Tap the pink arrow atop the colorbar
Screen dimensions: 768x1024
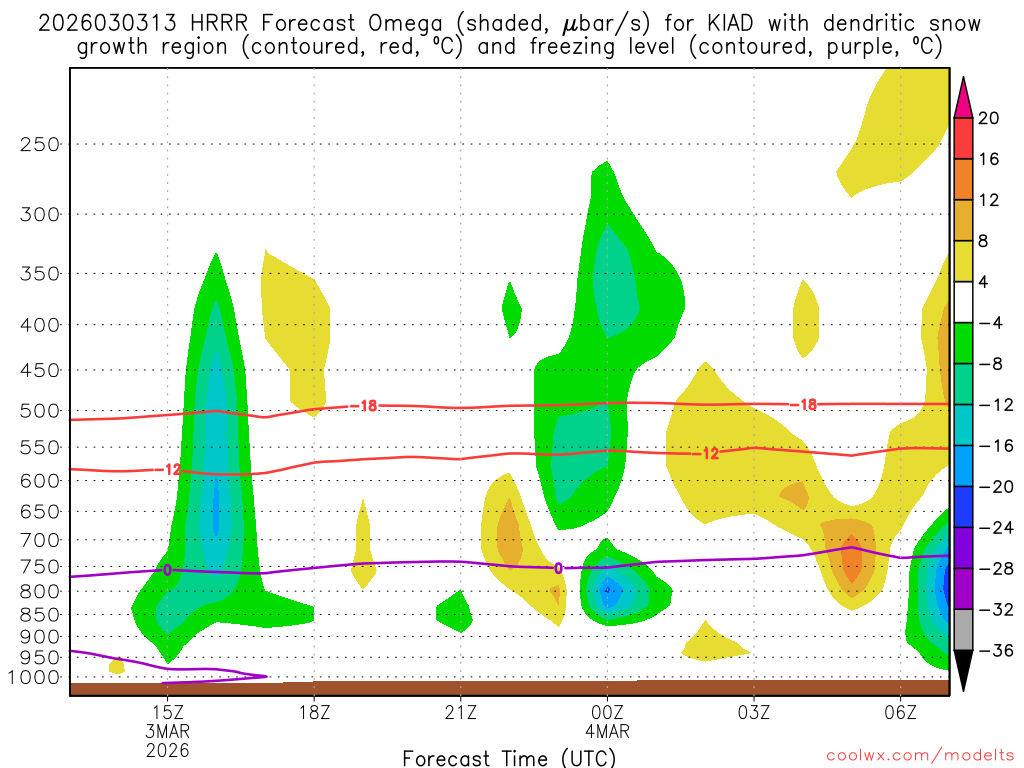(x=963, y=96)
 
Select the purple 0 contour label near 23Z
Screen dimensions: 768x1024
(x=558, y=568)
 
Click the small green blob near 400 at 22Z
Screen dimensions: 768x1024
(x=511, y=311)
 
